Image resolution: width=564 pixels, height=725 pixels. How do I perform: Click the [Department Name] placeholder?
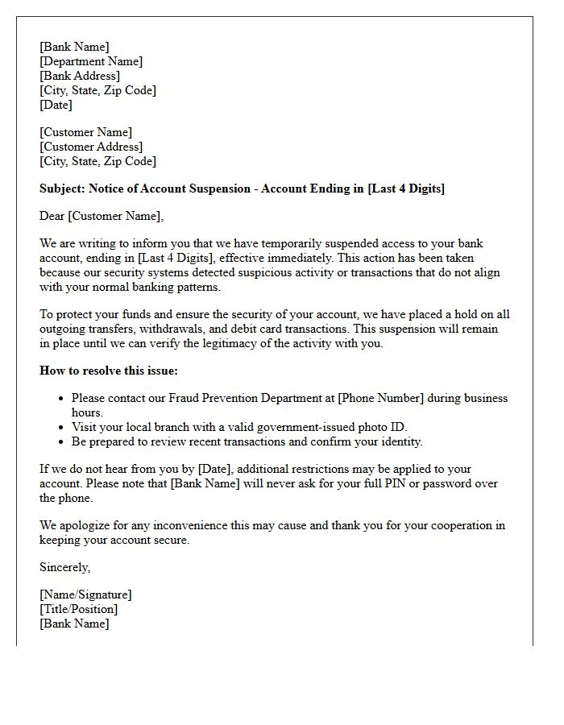[91, 61]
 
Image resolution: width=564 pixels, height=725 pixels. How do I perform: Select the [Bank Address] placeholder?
[80, 76]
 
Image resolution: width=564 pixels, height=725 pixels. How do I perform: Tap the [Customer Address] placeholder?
[91, 147]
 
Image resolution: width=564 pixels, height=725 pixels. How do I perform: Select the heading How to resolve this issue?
[108, 371]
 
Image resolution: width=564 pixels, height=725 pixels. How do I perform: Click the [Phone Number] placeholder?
[380, 398]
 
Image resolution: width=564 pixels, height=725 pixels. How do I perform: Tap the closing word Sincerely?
[64, 567]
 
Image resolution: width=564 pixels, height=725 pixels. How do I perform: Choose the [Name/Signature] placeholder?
[85, 594]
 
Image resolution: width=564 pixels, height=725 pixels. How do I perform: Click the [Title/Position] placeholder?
[79, 609]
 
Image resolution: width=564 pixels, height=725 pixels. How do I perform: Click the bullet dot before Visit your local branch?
[62, 428]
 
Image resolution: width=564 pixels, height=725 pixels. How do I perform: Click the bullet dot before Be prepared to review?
[62, 442]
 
